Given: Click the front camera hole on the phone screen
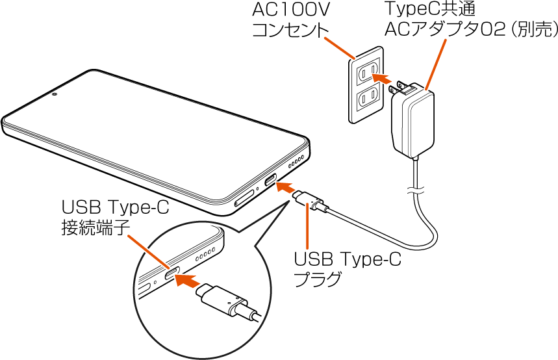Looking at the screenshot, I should click(x=55, y=94).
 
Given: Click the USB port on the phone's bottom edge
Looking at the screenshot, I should click(x=270, y=179).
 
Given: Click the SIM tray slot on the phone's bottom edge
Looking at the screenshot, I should click(x=244, y=199).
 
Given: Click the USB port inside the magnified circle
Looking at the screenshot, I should click(x=171, y=276).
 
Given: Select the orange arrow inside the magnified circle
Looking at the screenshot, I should click(x=186, y=281).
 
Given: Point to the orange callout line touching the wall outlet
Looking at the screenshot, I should click(x=339, y=47).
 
